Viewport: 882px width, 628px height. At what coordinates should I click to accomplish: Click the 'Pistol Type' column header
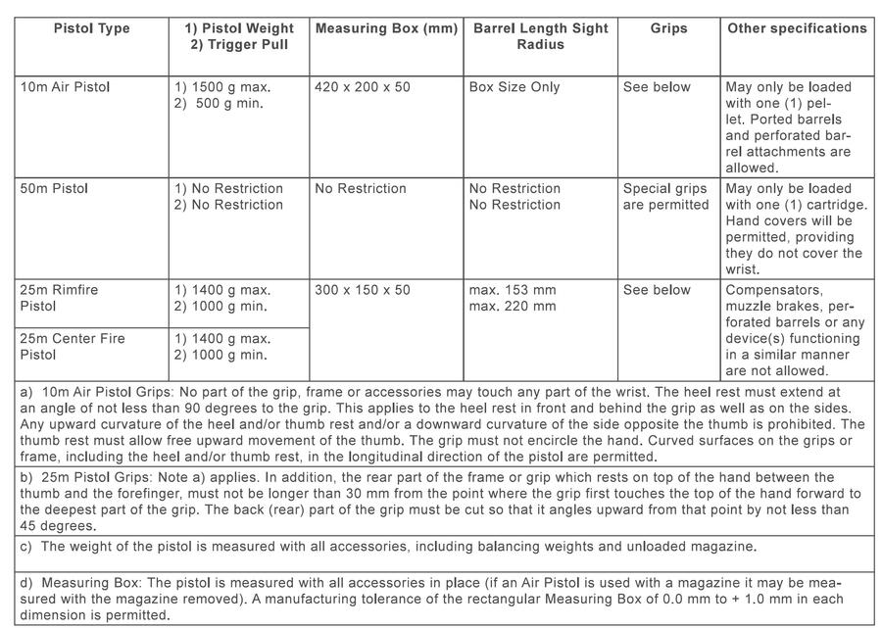(91, 28)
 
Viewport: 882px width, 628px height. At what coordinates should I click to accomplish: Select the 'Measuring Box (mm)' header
(386, 28)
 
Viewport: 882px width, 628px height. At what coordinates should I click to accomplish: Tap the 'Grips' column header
(668, 28)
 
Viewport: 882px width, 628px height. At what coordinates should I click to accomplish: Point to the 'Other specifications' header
(797, 28)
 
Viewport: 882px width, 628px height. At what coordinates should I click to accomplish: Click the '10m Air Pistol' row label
(66, 87)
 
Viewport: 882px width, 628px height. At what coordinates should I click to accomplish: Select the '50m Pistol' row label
(56, 188)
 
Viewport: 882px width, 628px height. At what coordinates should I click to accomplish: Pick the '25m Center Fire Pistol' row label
(73, 346)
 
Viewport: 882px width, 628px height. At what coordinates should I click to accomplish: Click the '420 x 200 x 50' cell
(363, 87)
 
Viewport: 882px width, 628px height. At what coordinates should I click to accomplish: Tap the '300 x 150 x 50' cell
(363, 290)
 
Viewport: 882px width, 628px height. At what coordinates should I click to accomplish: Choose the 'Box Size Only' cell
(514, 87)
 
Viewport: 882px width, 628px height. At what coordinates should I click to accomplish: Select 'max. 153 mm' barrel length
(513, 290)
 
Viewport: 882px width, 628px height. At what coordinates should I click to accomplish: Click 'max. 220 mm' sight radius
(513, 307)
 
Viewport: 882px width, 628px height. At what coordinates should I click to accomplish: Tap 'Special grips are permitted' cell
(665, 196)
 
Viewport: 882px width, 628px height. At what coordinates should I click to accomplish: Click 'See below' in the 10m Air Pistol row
(657, 87)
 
